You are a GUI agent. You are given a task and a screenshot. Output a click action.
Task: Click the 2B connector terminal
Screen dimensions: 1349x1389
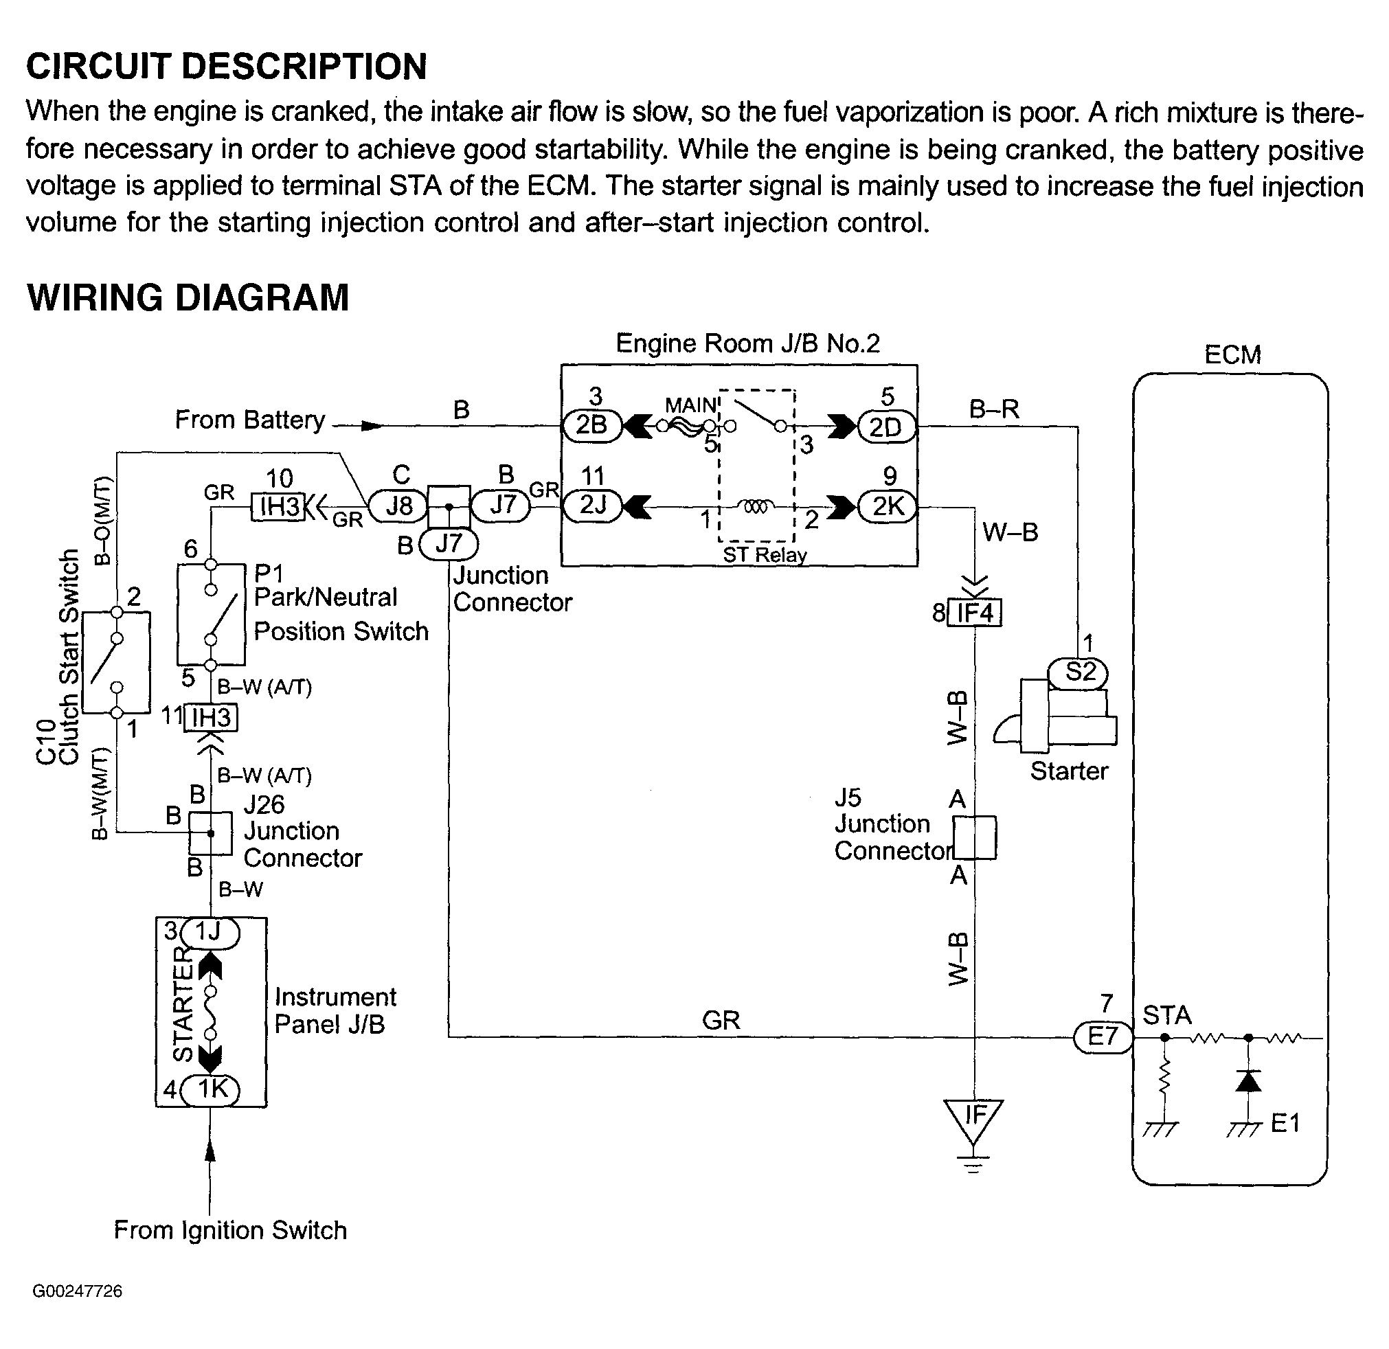(x=591, y=426)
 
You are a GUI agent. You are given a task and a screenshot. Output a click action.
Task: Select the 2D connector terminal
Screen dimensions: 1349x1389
(x=886, y=427)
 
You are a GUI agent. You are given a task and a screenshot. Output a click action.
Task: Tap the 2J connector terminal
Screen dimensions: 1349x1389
(x=592, y=506)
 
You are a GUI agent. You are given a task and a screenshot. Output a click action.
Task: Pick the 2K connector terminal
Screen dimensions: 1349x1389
(x=888, y=507)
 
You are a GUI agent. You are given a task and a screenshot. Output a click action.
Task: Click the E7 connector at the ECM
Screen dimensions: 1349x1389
(x=1103, y=1037)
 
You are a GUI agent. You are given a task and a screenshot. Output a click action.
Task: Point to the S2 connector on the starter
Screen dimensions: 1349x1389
(x=1079, y=672)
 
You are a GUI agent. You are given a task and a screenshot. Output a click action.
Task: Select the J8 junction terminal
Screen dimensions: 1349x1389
(x=399, y=506)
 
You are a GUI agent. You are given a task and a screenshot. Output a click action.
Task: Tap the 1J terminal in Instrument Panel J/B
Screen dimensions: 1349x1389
(x=210, y=932)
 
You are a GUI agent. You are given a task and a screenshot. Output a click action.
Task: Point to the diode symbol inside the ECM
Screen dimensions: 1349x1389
(x=1248, y=1080)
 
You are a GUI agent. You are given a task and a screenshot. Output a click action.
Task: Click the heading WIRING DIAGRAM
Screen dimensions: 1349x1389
(x=188, y=297)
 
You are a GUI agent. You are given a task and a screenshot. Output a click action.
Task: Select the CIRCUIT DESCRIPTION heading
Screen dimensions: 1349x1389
(x=227, y=67)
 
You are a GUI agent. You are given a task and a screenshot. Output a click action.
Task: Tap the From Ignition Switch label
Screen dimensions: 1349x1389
(x=230, y=1230)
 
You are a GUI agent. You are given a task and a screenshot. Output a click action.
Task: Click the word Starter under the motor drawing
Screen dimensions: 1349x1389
(x=1069, y=771)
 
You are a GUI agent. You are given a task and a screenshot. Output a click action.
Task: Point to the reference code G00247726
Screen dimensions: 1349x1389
(x=77, y=1291)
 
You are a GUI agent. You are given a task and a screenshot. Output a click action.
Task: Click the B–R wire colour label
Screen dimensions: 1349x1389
(x=993, y=409)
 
